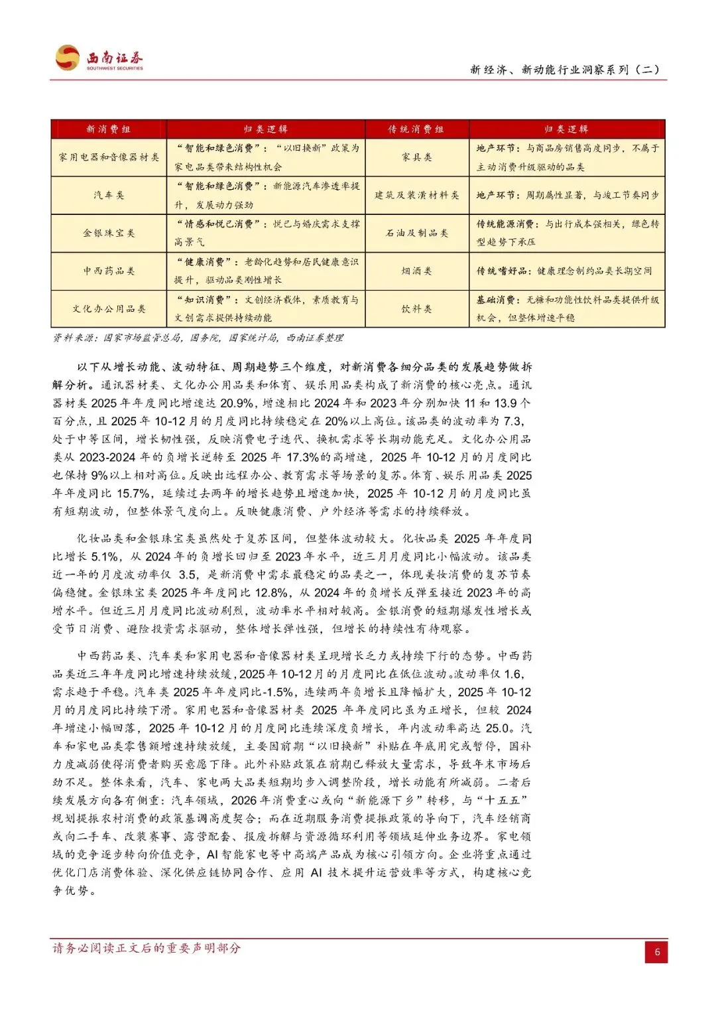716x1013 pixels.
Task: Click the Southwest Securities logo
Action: [99, 58]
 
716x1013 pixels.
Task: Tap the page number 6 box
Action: [656, 952]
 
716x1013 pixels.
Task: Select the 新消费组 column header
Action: [109, 129]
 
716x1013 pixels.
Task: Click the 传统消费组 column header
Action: [416, 129]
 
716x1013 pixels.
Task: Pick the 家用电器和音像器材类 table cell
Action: [109, 157]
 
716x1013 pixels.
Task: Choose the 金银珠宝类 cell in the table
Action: [109, 233]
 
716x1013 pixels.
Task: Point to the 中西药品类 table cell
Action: [109, 271]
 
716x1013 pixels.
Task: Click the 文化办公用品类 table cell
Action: [109, 308]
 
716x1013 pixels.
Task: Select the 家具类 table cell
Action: [416, 157]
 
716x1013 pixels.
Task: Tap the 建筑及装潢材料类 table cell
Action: [416, 195]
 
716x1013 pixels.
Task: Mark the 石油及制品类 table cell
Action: [416, 233]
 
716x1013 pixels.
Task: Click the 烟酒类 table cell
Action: [416, 271]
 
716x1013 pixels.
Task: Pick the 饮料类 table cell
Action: [416, 308]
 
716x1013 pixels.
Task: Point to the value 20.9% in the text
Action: [237, 403]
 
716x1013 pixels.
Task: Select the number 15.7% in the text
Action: [133, 494]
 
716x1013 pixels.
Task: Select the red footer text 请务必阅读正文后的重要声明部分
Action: [147, 948]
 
